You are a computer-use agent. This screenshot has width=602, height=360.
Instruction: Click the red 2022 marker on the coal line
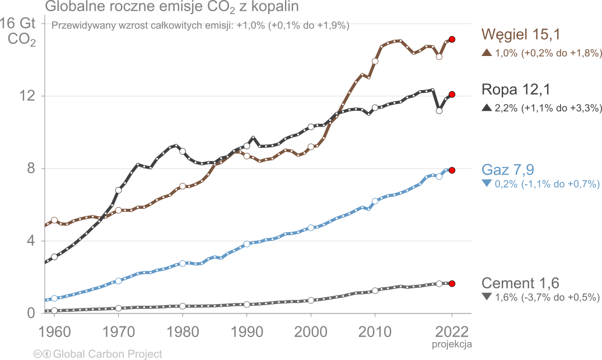[x=452, y=40]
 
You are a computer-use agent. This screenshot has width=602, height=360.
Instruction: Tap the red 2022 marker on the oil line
[x=452, y=95]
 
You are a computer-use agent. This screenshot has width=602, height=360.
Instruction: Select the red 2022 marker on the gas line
[x=452, y=170]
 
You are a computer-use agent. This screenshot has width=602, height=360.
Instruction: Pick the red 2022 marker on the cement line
[x=452, y=284]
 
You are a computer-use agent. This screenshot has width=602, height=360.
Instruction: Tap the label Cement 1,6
[x=520, y=283]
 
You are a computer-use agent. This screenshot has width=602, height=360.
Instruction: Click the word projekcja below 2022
[x=452, y=342]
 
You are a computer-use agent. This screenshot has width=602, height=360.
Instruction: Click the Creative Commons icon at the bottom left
[x=38, y=354]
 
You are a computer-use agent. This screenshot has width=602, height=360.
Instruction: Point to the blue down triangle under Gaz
[x=486, y=184]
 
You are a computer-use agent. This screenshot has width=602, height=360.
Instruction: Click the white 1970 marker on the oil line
[x=119, y=190]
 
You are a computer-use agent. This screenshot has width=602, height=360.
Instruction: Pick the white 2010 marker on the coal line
[x=375, y=61]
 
